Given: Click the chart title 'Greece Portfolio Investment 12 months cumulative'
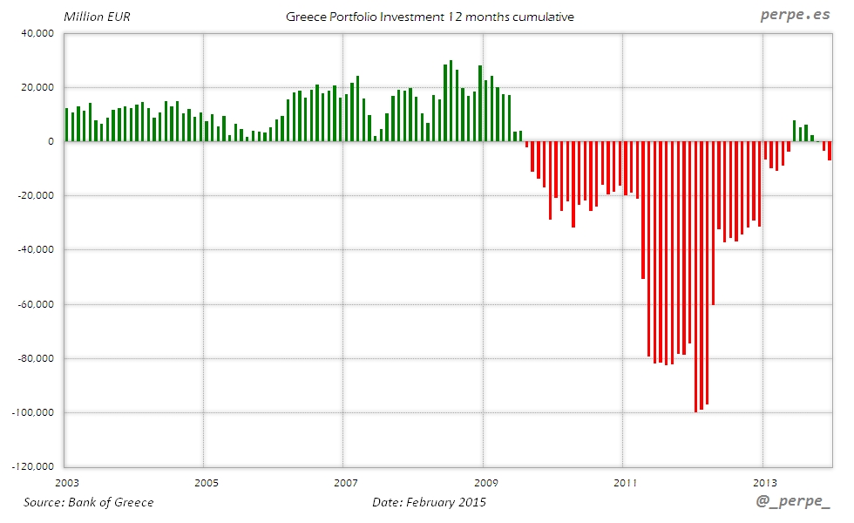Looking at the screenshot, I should click(x=430, y=17).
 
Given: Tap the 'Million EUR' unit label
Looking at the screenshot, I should click(x=97, y=17).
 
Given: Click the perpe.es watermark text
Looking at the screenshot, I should click(x=795, y=16).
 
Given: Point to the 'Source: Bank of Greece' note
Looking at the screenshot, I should click(x=88, y=502).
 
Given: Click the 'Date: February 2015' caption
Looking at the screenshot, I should click(x=429, y=502).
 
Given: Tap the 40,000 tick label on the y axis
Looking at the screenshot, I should click(x=37, y=33).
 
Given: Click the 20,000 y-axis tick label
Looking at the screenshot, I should click(x=37, y=87).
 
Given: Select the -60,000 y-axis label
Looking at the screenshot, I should click(x=34, y=304).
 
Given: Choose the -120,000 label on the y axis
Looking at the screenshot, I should click(x=31, y=466).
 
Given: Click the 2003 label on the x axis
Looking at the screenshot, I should click(x=66, y=482).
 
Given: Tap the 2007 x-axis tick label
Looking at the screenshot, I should click(x=346, y=482).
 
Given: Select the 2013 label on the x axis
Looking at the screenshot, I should click(x=764, y=482).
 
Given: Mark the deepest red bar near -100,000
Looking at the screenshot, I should click(x=695, y=276).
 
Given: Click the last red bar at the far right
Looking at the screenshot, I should click(x=830, y=151).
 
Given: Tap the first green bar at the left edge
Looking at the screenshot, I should click(x=67, y=125).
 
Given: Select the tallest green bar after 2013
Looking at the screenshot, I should click(x=795, y=131).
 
